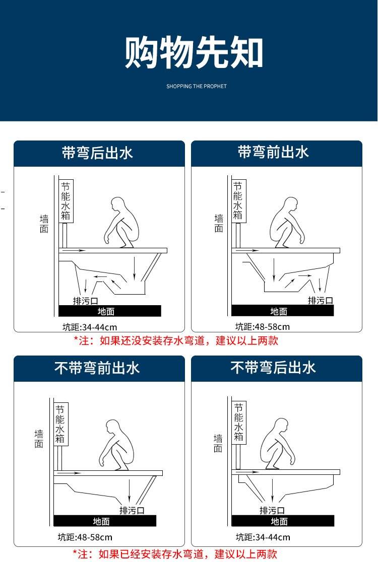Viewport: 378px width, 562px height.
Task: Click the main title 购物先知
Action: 194,52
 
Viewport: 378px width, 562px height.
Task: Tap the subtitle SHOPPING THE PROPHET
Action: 197,87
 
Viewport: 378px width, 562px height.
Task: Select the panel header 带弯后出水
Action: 97,153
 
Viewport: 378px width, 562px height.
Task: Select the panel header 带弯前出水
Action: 273,152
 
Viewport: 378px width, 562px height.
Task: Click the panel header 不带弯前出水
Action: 97,368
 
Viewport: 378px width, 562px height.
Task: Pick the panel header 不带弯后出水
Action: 273,368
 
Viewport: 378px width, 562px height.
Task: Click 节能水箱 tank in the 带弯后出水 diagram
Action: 66,201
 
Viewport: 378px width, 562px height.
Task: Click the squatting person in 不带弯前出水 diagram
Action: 116,445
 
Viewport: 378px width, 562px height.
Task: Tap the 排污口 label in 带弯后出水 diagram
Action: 85,301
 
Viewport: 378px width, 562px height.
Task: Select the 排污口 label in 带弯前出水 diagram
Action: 321,300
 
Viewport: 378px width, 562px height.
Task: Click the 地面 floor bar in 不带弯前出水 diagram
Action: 105,521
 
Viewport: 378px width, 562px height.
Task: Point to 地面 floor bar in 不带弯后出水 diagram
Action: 283,521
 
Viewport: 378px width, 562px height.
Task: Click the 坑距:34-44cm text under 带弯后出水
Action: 90,327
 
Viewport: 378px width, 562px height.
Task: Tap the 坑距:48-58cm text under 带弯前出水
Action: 263,326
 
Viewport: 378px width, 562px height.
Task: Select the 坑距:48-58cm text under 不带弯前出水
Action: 85,537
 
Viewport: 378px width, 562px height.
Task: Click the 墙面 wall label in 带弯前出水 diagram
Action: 219,223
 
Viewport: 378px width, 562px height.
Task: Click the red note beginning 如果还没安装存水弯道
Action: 176,340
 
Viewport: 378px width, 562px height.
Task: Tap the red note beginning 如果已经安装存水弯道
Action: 175,554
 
